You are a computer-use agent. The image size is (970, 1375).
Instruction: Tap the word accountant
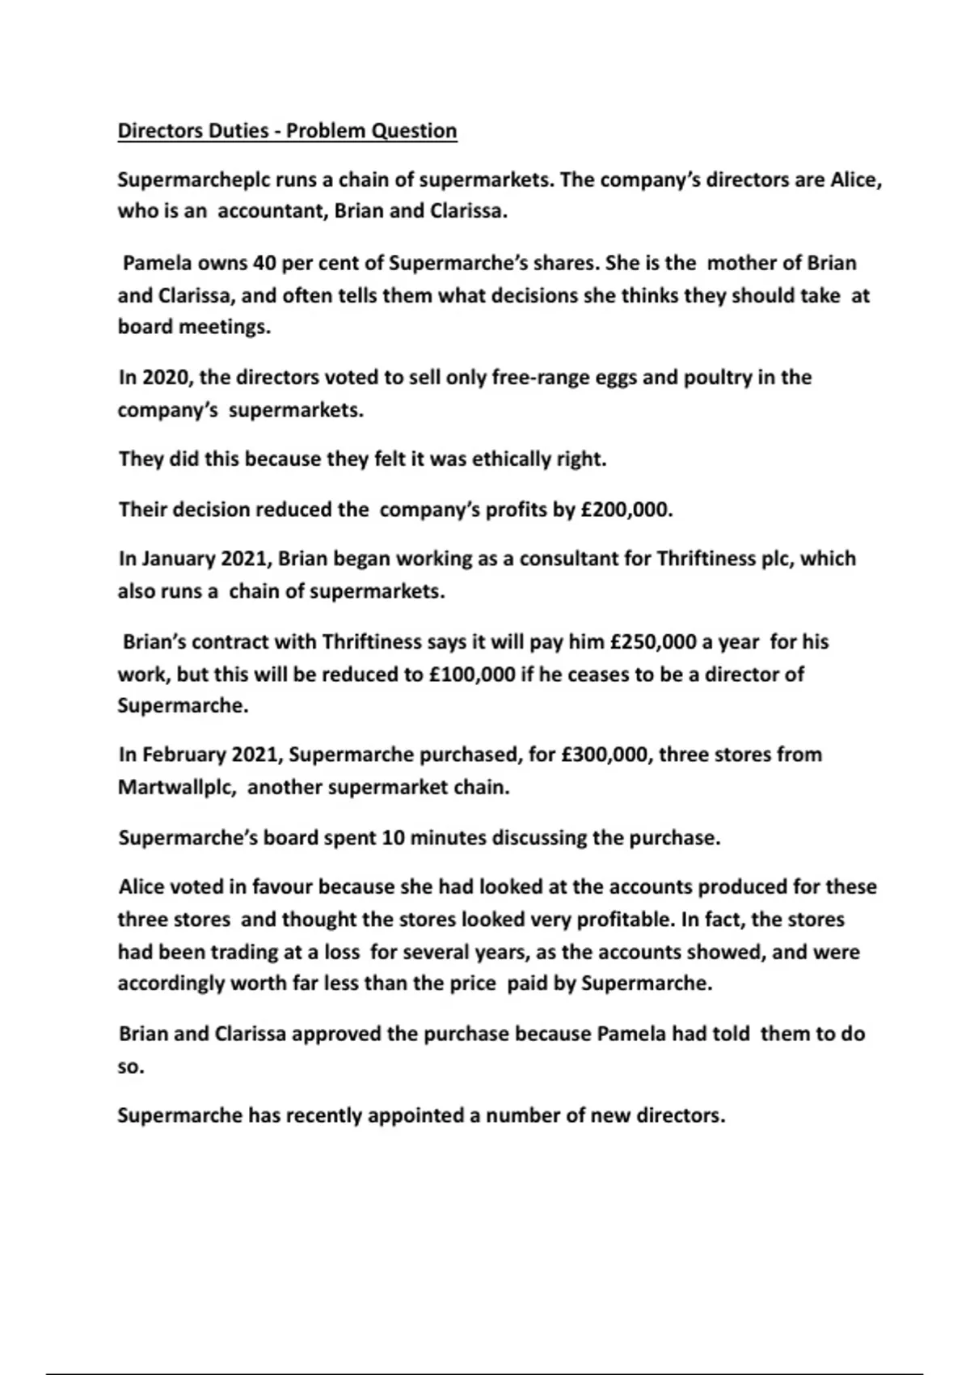point(272,212)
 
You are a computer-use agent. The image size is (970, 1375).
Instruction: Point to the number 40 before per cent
point(264,264)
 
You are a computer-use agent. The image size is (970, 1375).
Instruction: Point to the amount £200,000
point(626,510)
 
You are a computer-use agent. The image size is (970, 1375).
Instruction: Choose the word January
point(180,559)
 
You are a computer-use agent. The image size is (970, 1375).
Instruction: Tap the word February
point(184,755)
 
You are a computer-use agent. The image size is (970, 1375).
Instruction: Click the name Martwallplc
point(177,788)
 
